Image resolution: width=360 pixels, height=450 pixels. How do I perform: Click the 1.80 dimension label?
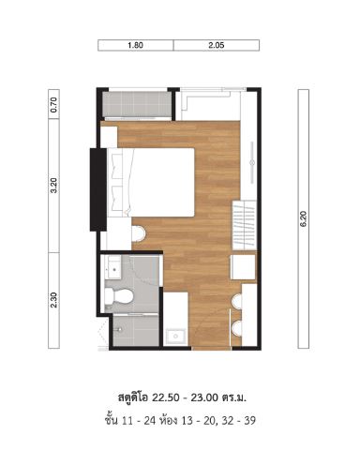point(135,45)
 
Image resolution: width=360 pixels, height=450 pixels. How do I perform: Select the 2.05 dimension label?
point(217,45)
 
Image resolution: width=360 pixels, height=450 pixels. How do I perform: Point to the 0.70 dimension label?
point(53,105)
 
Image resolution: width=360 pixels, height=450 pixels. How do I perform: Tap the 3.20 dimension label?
point(53,186)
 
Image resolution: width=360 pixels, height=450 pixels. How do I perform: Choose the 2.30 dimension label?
point(53,300)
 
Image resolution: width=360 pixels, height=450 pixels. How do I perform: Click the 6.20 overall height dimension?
point(304,218)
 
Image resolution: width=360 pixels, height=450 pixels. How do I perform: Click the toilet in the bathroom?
point(119,296)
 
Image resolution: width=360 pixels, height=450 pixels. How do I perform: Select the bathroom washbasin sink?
point(112,268)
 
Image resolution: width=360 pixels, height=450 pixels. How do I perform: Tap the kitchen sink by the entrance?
point(175,337)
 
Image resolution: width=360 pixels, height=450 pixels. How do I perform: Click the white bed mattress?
point(162,183)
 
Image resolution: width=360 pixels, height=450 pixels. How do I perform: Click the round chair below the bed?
point(139,233)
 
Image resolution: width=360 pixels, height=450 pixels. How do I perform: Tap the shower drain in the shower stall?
point(119,329)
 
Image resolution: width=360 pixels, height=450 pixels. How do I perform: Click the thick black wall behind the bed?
point(98,189)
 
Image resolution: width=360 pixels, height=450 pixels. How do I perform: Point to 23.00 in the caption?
point(204,397)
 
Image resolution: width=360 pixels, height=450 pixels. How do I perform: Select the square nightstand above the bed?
point(109,137)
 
